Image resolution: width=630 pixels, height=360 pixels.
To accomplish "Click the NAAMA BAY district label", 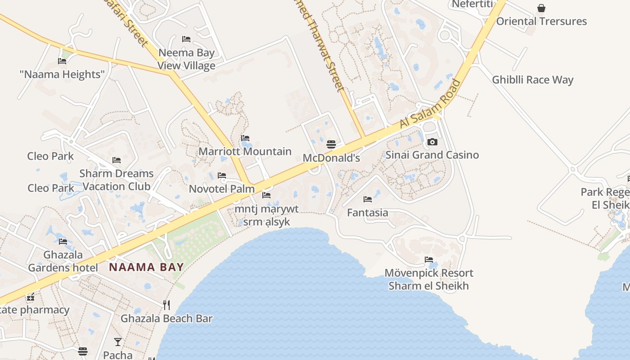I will click(146, 267).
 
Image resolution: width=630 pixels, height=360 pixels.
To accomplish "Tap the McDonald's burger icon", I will click(331, 144).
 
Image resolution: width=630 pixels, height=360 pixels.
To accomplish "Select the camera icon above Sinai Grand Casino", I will click(432, 142).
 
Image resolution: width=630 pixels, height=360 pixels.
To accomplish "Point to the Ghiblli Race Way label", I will click(532, 80).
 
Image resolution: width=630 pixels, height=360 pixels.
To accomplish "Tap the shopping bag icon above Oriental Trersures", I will click(541, 8).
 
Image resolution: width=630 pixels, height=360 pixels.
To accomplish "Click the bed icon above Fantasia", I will click(368, 199).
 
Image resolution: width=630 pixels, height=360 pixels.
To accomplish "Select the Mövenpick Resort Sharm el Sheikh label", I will click(429, 279).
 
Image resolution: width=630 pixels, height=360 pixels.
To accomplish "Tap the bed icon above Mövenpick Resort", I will click(429, 260).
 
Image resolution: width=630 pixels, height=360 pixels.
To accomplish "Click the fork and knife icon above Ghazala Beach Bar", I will click(166, 305).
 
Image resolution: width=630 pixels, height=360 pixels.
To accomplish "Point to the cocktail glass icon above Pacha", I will click(117, 342).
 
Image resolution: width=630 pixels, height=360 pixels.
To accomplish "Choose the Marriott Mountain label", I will click(245, 151).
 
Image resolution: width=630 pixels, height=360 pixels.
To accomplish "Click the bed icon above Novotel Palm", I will click(222, 175).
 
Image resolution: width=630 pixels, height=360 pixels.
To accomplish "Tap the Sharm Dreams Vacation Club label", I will click(117, 180).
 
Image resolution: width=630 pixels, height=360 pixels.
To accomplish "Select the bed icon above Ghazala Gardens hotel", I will click(63, 242).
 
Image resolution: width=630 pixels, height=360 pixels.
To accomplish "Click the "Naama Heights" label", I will click(62, 74).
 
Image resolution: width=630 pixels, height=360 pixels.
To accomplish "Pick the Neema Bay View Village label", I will click(186, 59).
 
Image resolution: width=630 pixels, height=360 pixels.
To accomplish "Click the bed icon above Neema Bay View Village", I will click(186, 39).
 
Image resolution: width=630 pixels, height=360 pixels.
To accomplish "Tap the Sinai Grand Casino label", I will click(432, 155).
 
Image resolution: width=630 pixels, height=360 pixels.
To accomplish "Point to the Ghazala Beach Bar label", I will click(166, 319).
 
